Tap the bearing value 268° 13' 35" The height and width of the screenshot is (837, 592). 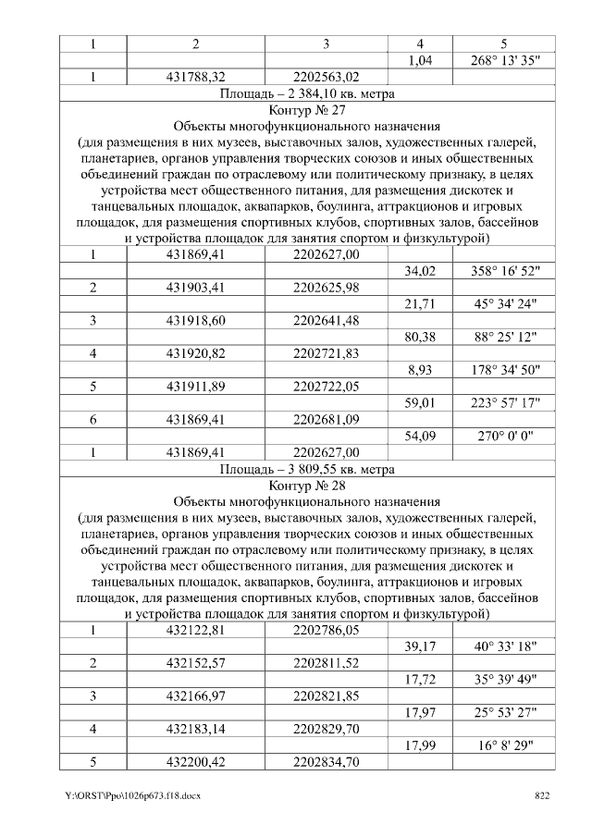(x=504, y=60)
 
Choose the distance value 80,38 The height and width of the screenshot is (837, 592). (x=420, y=337)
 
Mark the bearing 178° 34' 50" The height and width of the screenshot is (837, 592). (x=504, y=369)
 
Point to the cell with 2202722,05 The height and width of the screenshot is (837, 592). (x=326, y=386)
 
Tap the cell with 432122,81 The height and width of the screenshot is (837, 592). (x=195, y=631)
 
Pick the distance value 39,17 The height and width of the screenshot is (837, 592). (x=420, y=646)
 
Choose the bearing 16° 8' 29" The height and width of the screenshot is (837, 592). (x=504, y=745)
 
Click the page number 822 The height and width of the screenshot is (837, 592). (x=543, y=796)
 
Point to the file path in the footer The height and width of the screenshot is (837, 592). (x=133, y=796)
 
